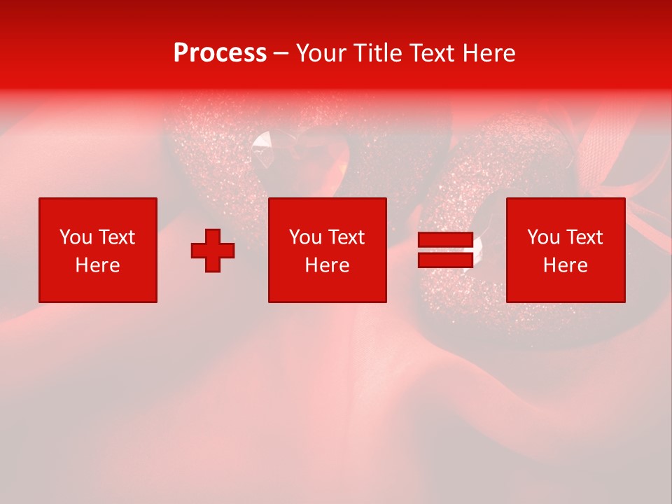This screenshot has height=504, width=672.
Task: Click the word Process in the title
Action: [x=220, y=53]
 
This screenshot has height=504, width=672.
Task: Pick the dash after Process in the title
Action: [x=281, y=54]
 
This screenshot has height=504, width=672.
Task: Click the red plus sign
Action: [x=213, y=250]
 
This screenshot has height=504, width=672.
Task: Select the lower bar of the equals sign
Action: [x=445, y=260]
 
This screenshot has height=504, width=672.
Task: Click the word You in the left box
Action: [x=76, y=237]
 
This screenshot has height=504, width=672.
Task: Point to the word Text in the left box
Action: [x=115, y=237]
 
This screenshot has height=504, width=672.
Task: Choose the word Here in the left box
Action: [x=97, y=265]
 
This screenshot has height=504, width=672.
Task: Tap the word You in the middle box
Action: [x=305, y=237]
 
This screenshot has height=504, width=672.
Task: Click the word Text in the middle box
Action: [x=345, y=237]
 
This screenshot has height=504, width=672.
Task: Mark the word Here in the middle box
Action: [x=327, y=265]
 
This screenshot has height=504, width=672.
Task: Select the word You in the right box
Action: [x=543, y=237]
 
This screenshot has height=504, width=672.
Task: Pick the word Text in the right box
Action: [x=583, y=237]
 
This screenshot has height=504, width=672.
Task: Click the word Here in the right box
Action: [x=565, y=265]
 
